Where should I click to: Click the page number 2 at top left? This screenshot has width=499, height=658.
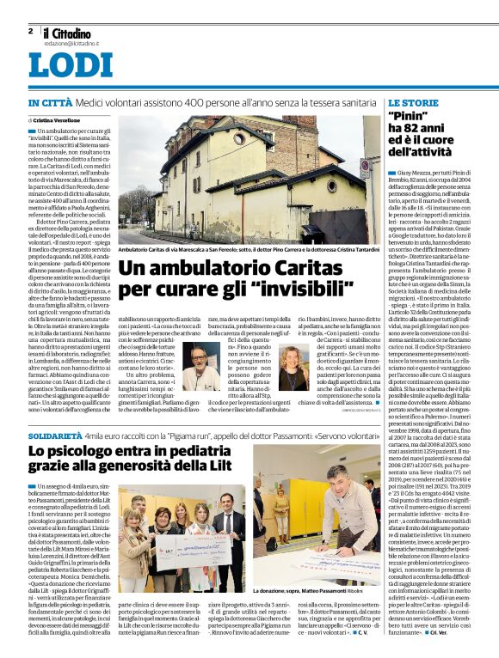[x=31, y=31]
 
